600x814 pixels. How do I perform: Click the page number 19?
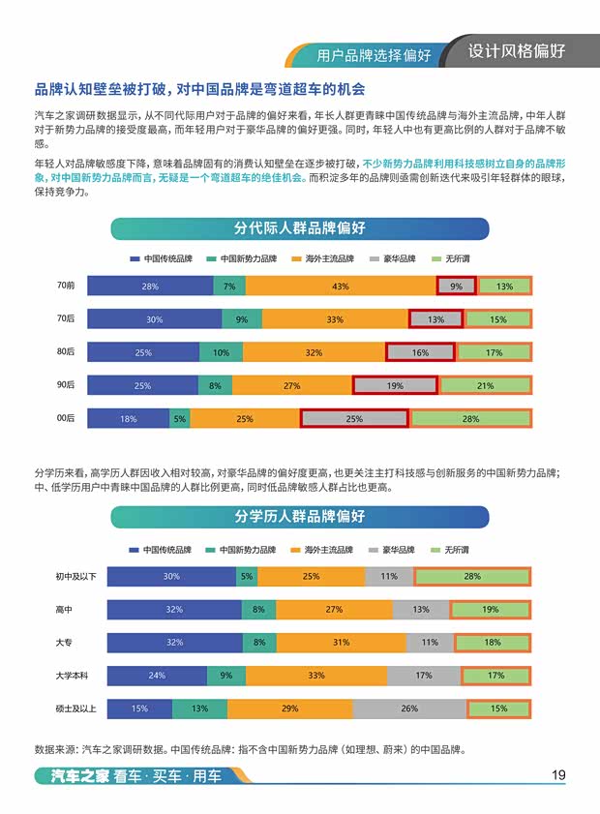click(x=558, y=774)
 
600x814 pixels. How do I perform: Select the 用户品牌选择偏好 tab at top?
click(x=374, y=54)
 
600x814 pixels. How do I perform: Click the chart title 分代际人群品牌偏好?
click(x=299, y=228)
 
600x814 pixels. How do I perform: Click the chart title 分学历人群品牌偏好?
click(x=299, y=517)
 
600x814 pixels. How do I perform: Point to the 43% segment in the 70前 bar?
click(x=340, y=286)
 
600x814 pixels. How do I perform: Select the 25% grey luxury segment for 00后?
click(x=354, y=419)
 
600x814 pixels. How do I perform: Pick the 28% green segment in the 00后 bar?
click(x=471, y=419)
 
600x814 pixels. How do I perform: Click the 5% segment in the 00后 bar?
click(x=179, y=419)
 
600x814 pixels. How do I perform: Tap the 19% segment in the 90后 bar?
click(x=395, y=386)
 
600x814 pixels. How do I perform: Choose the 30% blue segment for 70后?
click(x=155, y=319)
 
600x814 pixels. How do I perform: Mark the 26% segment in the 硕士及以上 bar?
click(x=409, y=709)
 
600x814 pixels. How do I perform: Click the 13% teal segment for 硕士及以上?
click(x=199, y=709)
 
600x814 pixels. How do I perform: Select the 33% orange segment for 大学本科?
click(x=315, y=676)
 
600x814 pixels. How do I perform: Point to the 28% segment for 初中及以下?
click(x=472, y=577)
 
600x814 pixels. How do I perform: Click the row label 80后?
click(x=66, y=352)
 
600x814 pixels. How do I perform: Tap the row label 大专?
click(x=65, y=643)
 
